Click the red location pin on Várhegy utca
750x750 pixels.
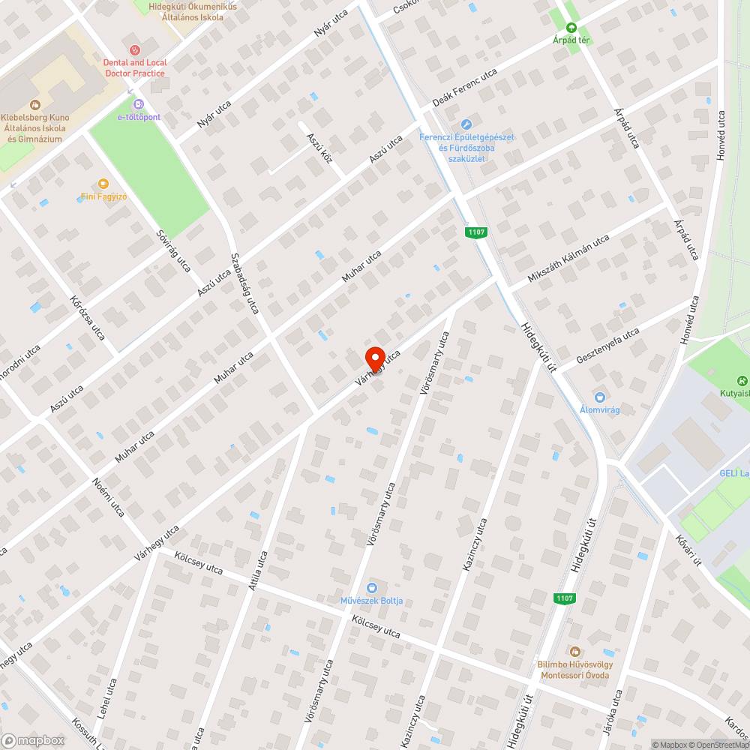(374, 357)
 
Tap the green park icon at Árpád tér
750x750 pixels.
(571, 27)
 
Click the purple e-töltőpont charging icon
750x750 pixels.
(138, 104)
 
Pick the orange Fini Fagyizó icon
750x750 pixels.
(103, 184)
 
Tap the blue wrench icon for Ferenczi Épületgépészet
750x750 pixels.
(466, 124)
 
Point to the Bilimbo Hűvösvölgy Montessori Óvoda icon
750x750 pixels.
(574, 652)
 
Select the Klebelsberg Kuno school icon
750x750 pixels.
(34, 106)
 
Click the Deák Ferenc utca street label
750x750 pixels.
(465, 88)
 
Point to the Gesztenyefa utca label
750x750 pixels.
(607, 346)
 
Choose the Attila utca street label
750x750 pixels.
(259, 571)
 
